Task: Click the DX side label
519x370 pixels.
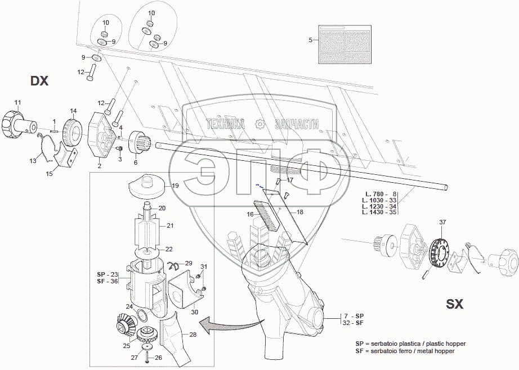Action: pyautogui.click(x=39, y=81)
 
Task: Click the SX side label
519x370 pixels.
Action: pyautogui.click(x=454, y=304)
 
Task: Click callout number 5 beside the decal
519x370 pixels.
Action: pyautogui.click(x=310, y=40)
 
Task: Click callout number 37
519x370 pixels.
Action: pyautogui.click(x=443, y=222)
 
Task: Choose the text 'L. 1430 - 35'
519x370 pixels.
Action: pyautogui.click(x=379, y=213)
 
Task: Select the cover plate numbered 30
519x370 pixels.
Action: pyautogui.click(x=181, y=294)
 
